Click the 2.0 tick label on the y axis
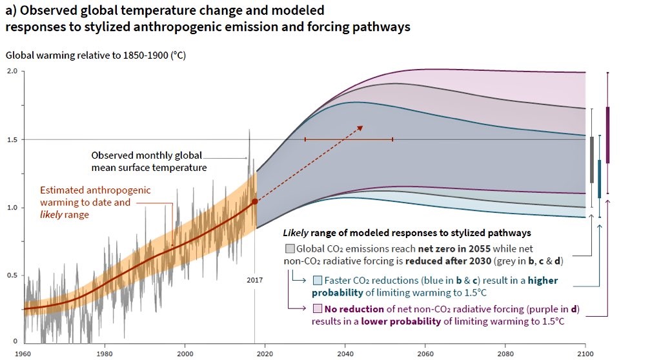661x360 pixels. coord(12,72)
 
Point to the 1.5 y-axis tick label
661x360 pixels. coord(12,139)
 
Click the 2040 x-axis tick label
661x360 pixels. coord(345,353)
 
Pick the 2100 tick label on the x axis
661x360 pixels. coord(585,353)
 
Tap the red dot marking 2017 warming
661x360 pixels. coord(255,201)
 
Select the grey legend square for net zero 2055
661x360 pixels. coord(289,248)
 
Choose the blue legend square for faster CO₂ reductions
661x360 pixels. coord(317,281)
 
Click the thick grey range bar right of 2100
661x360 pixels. coord(592,159)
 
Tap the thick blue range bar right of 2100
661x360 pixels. coord(600,179)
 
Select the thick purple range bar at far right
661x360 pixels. coord(607,135)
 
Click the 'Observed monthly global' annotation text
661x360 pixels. coord(147,155)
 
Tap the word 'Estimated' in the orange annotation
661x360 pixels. coord(64,190)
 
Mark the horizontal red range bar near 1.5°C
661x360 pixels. coord(349,139)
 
